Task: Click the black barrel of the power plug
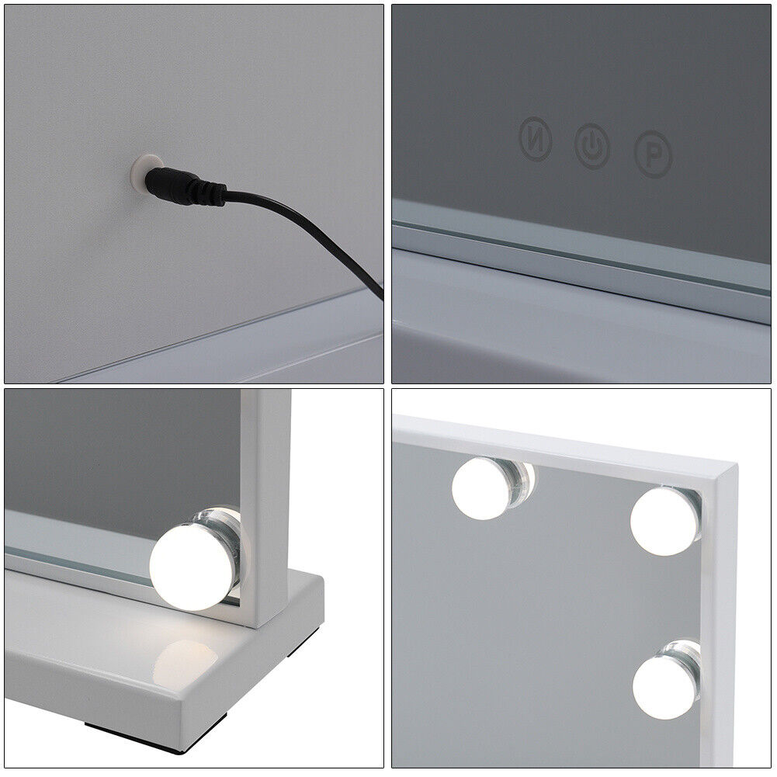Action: pyautogui.click(x=169, y=183)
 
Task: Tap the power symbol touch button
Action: pyautogui.click(x=592, y=146)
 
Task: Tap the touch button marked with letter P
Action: pyautogui.click(x=654, y=154)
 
